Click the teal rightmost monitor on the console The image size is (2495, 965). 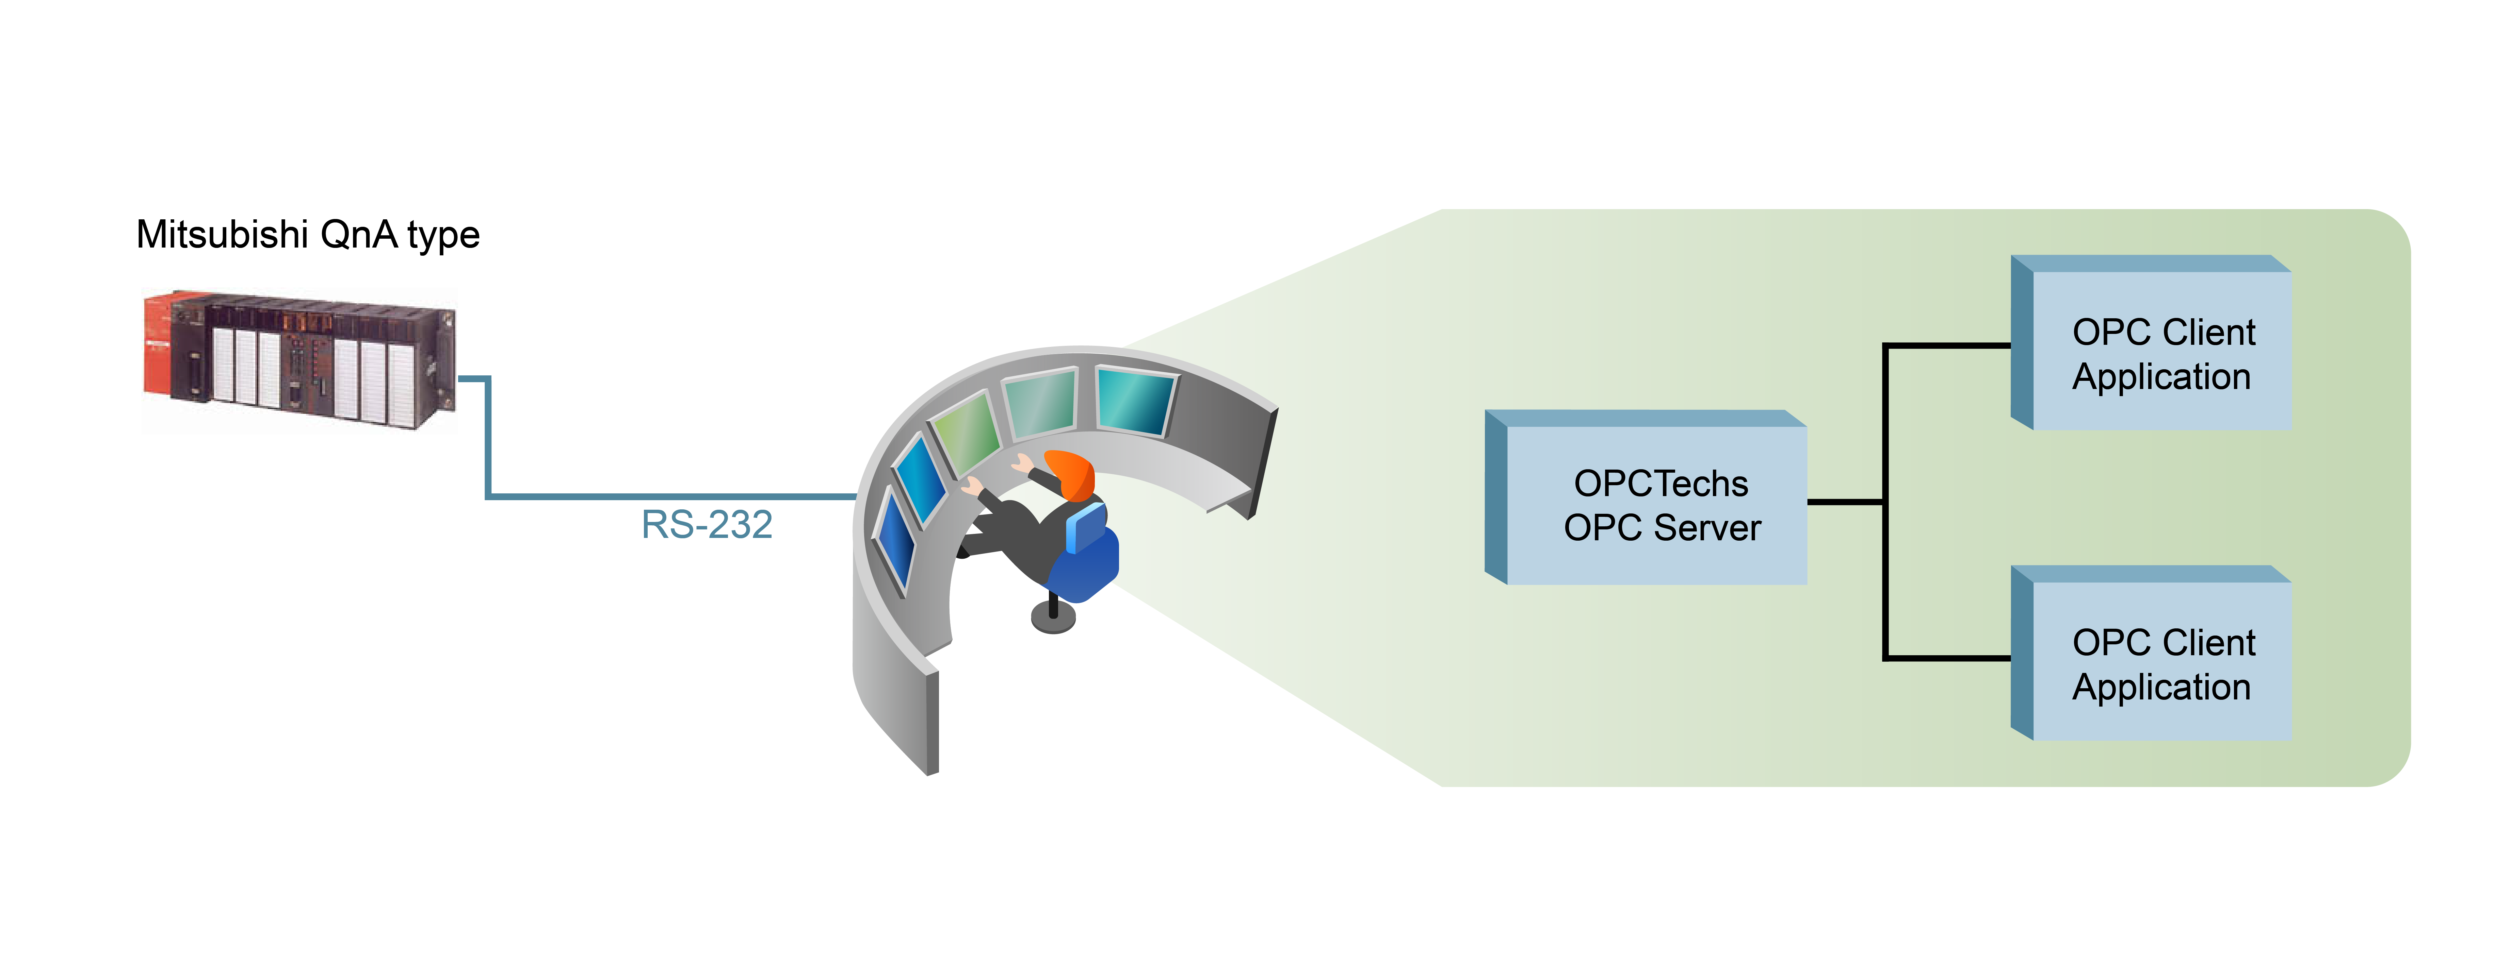(1135, 400)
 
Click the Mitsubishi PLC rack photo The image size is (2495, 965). (300, 358)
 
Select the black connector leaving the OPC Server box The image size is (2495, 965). (1845, 502)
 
